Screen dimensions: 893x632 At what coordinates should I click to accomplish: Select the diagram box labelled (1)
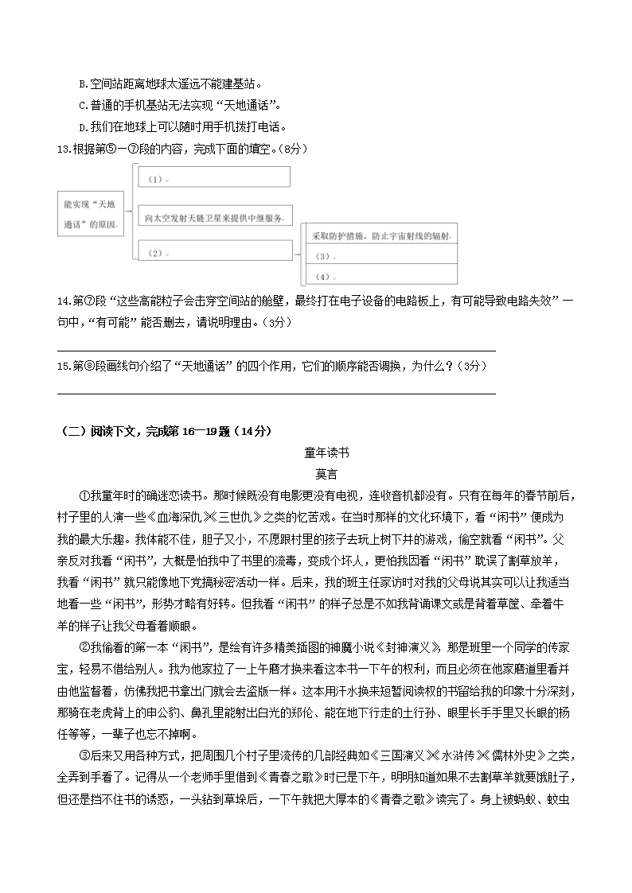pyautogui.click(x=214, y=177)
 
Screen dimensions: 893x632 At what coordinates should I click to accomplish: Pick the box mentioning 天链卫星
pyautogui.click(x=214, y=216)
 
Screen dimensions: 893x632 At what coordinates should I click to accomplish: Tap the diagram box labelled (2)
pyautogui.click(x=214, y=251)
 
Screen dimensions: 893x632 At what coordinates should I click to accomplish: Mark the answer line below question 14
pyautogui.click(x=277, y=349)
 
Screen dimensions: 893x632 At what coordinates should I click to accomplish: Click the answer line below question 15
pyautogui.click(x=277, y=392)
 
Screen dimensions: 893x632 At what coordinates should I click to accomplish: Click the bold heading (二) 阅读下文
pyautogui.click(x=166, y=431)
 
